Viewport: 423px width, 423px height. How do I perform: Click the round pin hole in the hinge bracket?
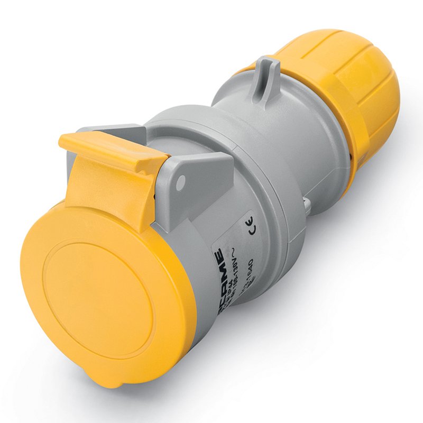(x=181, y=183)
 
